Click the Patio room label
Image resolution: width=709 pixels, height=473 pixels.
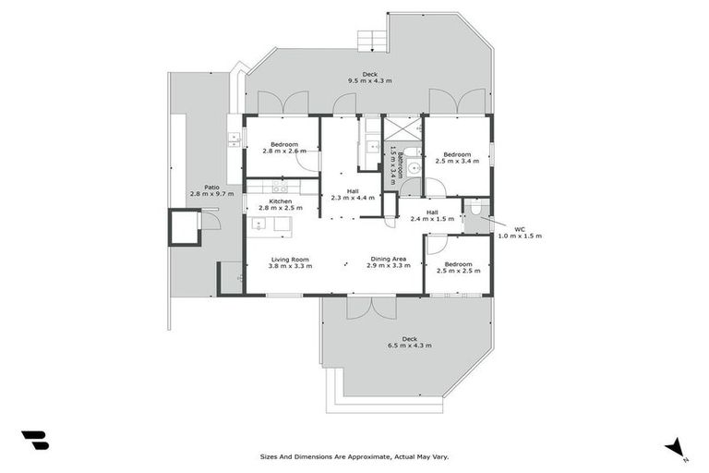click(198, 187)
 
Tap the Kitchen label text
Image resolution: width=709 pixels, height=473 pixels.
click(280, 201)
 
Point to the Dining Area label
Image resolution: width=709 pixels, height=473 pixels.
click(389, 259)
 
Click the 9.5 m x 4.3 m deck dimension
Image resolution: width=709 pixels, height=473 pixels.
click(368, 81)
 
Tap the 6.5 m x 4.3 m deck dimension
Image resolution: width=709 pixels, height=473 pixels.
click(407, 346)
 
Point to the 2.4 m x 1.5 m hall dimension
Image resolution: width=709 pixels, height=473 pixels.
click(432, 218)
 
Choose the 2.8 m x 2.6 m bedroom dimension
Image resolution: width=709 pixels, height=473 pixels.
click(284, 152)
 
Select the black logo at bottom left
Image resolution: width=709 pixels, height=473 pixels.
click(35, 440)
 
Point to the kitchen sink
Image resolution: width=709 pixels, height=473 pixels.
click(234, 139)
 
